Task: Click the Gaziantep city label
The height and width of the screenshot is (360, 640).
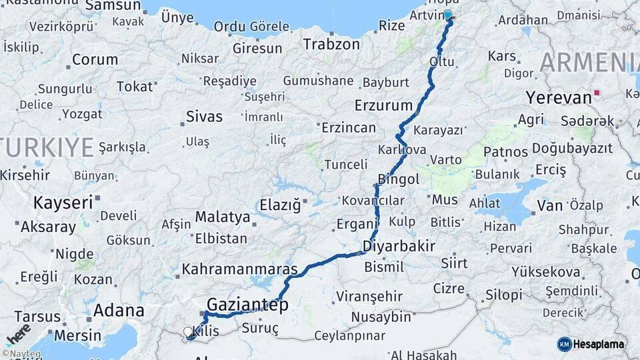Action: tap(247, 305)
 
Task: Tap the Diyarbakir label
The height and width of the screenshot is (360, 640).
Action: tap(399, 246)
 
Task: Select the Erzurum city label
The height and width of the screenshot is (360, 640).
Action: tap(383, 105)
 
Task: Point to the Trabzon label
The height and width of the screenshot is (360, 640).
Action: tap(331, 45)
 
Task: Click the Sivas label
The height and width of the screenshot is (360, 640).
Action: tap(204, 117)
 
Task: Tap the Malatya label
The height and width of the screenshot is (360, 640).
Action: tap(223, 217)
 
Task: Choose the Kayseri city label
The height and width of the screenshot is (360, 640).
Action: tap(63, 202)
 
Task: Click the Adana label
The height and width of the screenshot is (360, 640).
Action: tap(119, 310)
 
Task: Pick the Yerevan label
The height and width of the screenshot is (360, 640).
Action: tap(559, 98)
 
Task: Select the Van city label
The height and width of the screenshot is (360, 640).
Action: tap(550, 205)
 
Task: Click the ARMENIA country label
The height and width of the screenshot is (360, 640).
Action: tap(587, 63)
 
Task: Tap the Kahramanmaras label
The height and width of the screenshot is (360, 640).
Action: tap(240, 270)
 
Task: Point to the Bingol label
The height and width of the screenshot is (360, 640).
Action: tap(398, 179)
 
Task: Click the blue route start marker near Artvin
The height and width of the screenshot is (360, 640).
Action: tap(448, 15)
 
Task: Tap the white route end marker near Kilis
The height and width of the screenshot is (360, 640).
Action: tap(188, 331)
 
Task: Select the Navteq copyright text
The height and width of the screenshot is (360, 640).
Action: tap(21, 354)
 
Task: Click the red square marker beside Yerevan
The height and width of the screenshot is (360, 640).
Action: tap(597, 93)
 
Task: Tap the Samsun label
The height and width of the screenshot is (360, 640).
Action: tap(113, 6)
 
